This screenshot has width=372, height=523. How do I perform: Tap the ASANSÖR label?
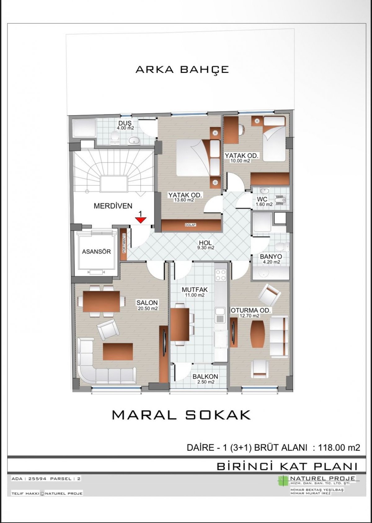click(96, 252)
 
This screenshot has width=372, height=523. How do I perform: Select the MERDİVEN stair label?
click(113, 206)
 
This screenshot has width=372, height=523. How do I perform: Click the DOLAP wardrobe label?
click(190, 225)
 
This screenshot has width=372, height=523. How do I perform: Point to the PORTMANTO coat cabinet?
click(124, 244)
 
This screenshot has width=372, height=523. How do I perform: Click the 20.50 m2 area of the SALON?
click(147, 308)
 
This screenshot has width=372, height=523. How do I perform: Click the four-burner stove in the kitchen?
click(221, 275)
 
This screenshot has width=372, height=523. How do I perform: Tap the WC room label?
click(262, 200)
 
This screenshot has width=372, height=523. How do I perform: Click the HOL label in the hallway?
click(205, 243)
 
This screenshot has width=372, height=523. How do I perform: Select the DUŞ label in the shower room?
click(125, 123)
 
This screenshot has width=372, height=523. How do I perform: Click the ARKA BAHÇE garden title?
click(182, 69)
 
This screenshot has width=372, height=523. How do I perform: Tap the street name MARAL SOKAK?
click(182, 415)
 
